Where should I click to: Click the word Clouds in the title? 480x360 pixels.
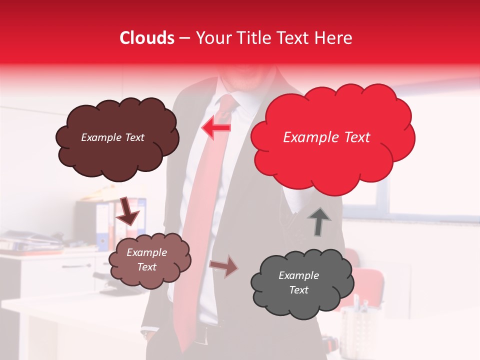(147, 38)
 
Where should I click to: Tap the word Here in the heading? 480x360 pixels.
(333, 38)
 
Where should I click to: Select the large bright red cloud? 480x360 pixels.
(332, 137)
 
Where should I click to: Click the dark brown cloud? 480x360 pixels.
(116, 138)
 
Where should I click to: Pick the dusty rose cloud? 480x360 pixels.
(149, 259)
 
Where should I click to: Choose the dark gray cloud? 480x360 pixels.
(302, 283)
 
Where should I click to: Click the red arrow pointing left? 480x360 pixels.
(215, 128)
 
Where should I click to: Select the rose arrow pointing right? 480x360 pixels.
(223, 266)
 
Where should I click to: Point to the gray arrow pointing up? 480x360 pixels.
(319, 221)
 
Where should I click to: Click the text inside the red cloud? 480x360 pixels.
(326, 137)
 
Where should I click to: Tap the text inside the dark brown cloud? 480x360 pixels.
(112, 137)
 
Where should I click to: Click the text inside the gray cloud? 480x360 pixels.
(298, 282)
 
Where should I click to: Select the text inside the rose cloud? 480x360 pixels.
(146, 259)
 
